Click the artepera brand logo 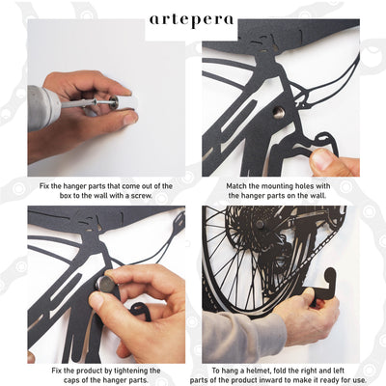pos(191,20)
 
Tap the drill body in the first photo pos(44,107)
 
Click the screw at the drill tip pos(102,102)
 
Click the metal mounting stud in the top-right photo pos(279,113)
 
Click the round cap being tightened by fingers pos(107,284)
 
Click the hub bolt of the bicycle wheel pos(260,224)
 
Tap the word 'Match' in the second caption pos(236,186)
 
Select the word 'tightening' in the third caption pos(127,371)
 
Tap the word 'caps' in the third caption pos(70,380)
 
